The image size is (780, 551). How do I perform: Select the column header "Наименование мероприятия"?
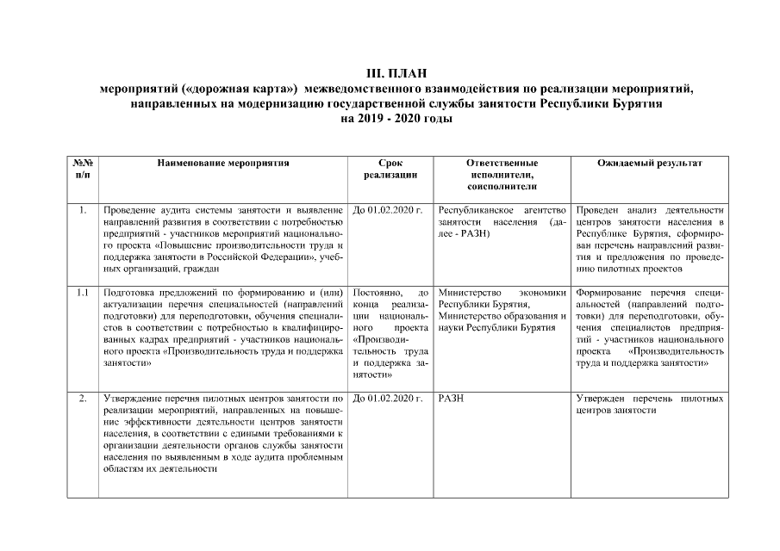[222, 163]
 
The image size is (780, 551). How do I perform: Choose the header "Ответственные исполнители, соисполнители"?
[502, 174]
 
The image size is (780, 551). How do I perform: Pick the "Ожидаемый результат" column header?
[649, 163]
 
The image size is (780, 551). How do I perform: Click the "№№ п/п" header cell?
[83, 169]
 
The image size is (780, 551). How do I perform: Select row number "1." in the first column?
[82, 210]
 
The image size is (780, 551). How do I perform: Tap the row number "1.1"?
[83, 293]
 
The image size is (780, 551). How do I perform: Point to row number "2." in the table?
[82, 399]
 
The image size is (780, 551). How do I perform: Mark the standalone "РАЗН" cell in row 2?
[452, 399]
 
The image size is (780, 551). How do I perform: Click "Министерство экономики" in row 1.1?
[502, 293]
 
